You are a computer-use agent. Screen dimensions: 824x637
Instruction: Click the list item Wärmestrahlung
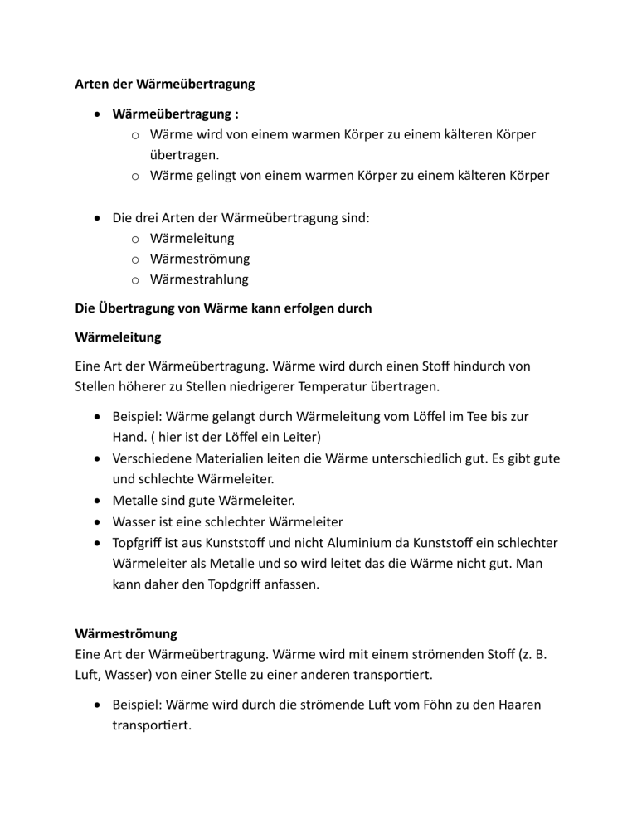tap(199, 279)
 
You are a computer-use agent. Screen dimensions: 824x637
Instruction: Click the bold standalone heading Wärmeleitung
tap(119, 338)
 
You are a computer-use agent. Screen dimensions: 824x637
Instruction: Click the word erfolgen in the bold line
tap(294, 309)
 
